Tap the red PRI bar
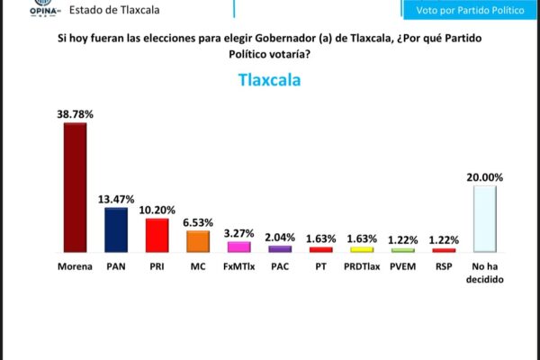(157, 235)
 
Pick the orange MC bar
(198, 241)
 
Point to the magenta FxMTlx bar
(238, 247)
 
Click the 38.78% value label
(76, 114)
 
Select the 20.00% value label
(485, 177)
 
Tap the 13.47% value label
(116, 199)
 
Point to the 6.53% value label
(198, 221)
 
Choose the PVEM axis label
(402, 266)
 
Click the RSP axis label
(443, 266)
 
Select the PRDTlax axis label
(362, 266)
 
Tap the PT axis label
(320, 266)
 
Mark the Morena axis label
(75, 266)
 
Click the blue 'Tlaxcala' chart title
(269, 79)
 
